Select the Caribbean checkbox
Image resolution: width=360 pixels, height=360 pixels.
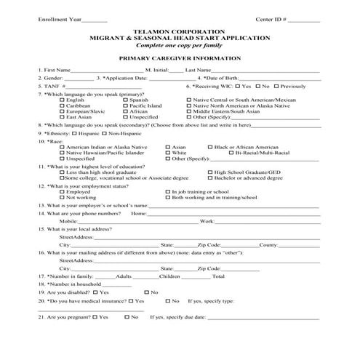pyautogui.click(x=62, y=105)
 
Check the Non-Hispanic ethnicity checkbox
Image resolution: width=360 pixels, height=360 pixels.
pyautogui.click(x=105, y=135)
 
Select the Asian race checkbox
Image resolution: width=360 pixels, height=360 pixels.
pyautogui.click(x=169, y=147)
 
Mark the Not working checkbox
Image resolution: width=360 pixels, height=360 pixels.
pyautogui.click(x=62, y=197)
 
